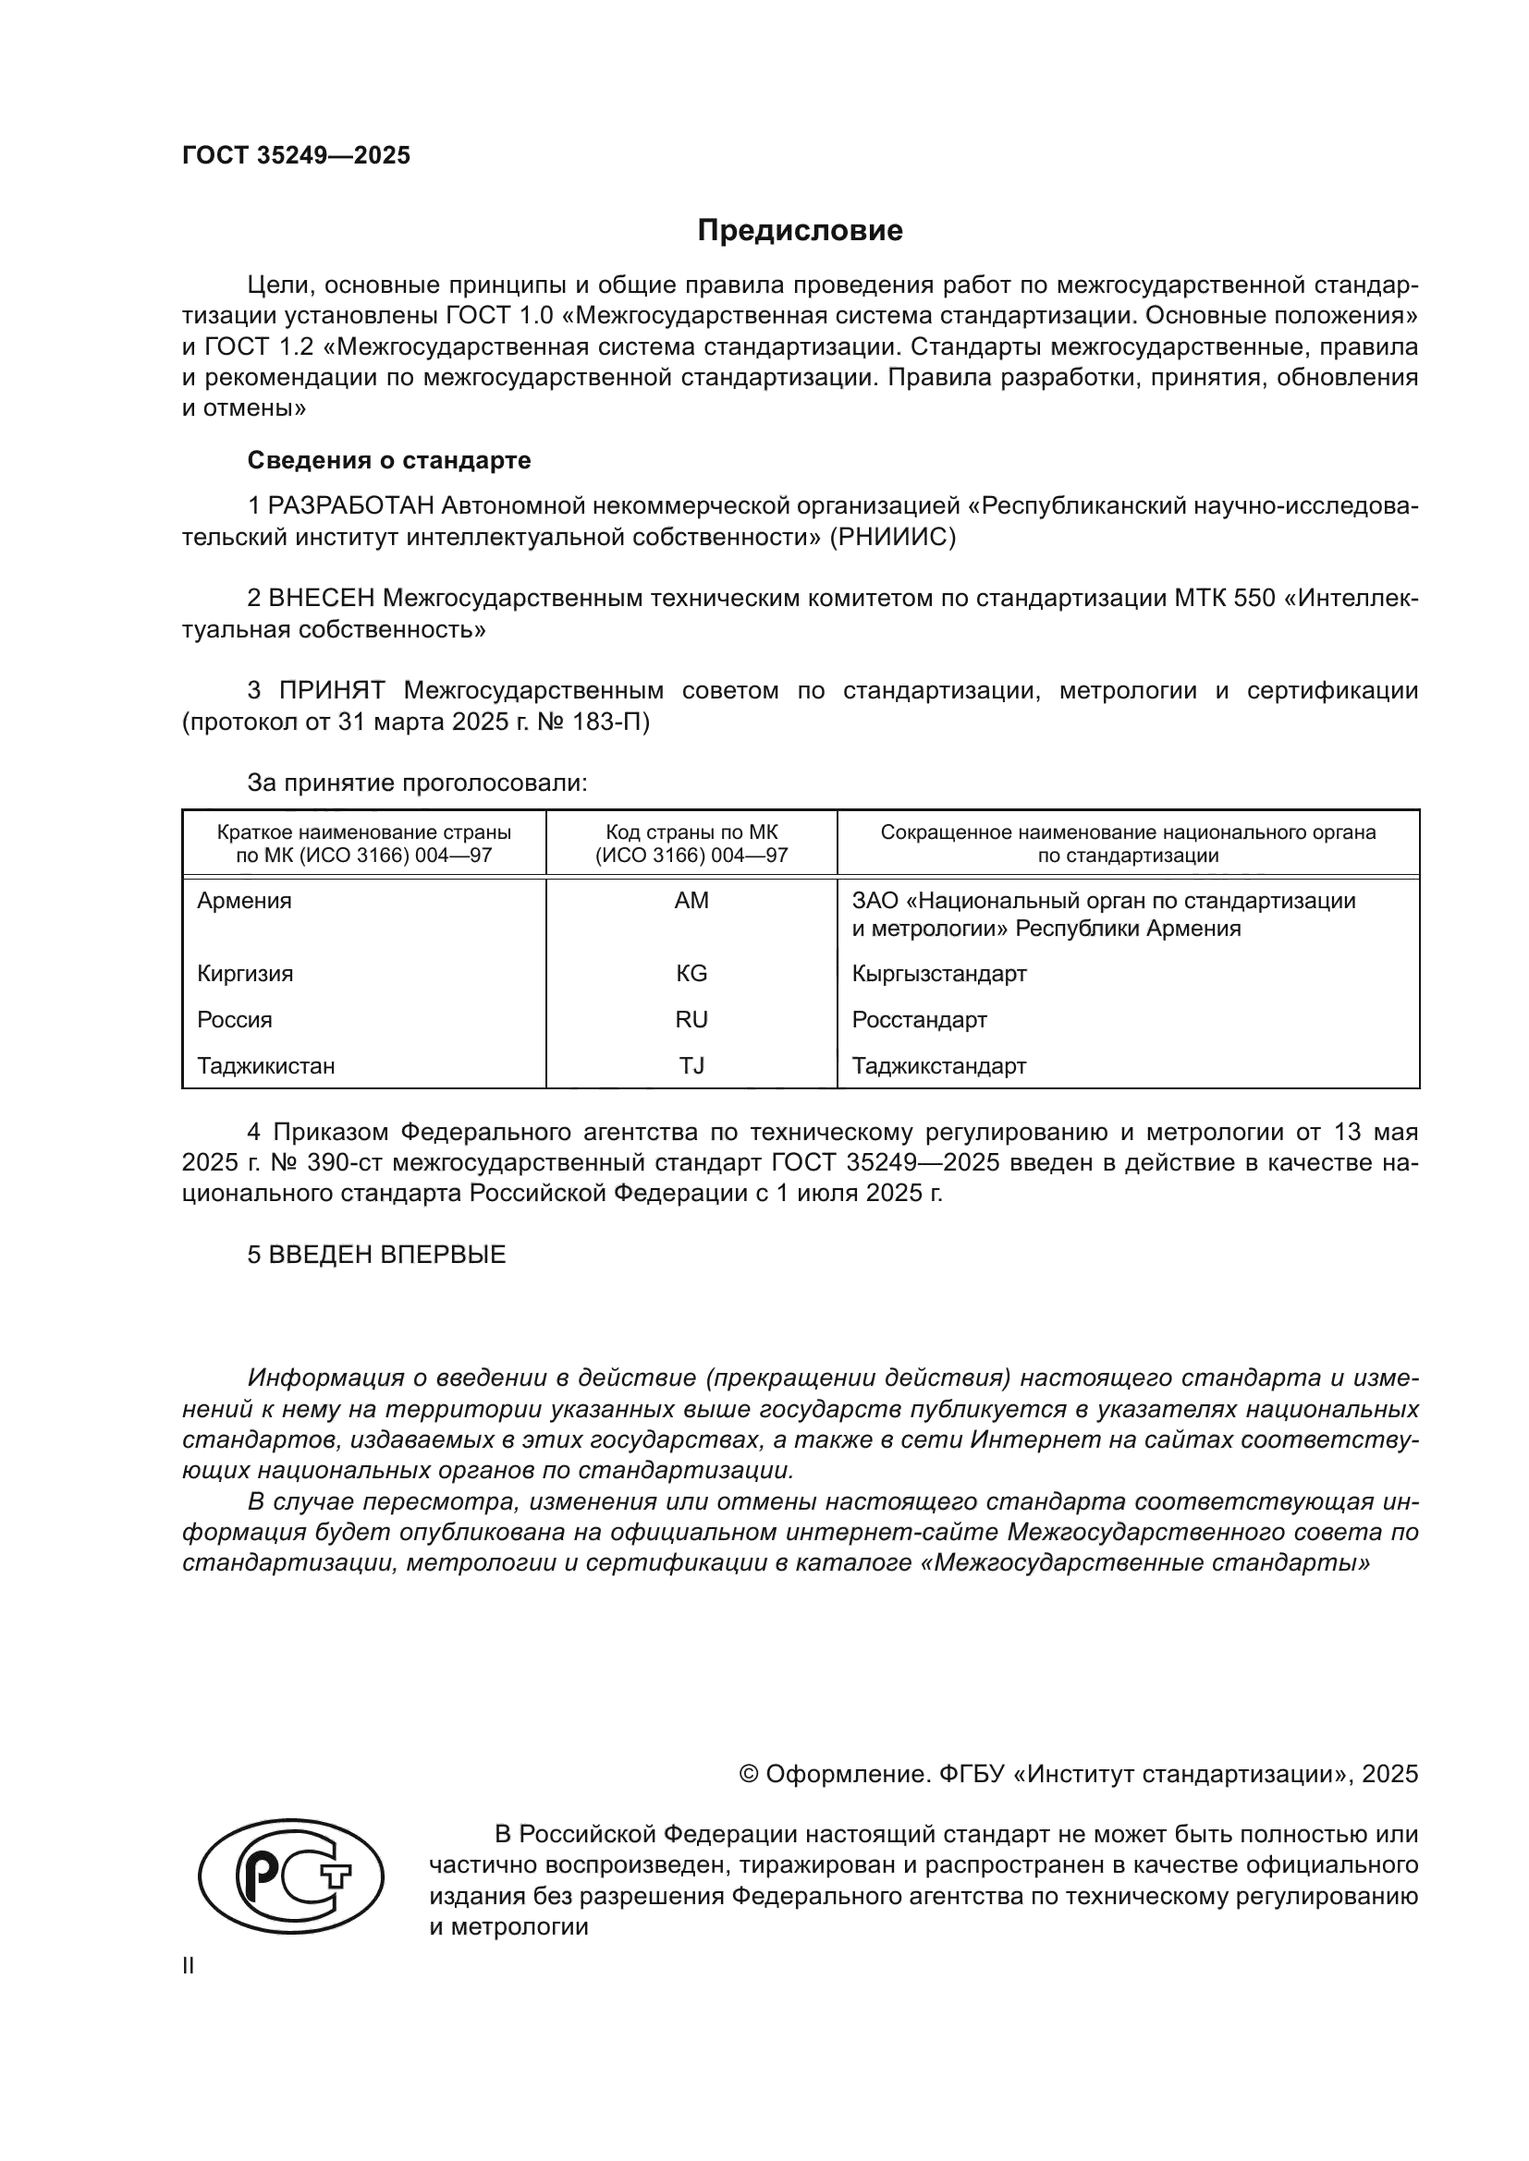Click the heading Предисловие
800,231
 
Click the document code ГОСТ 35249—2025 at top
296,155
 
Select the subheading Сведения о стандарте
389,460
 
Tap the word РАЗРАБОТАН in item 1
351,506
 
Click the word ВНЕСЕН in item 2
322,599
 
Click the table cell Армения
244,901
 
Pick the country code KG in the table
691,973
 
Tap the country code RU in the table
691,1019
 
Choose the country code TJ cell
691,1065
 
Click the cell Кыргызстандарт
938,973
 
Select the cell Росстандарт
919,1019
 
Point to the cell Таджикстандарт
938,1065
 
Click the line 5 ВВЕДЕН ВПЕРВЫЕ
376,1255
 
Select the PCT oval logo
291,1876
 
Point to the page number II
189,1965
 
